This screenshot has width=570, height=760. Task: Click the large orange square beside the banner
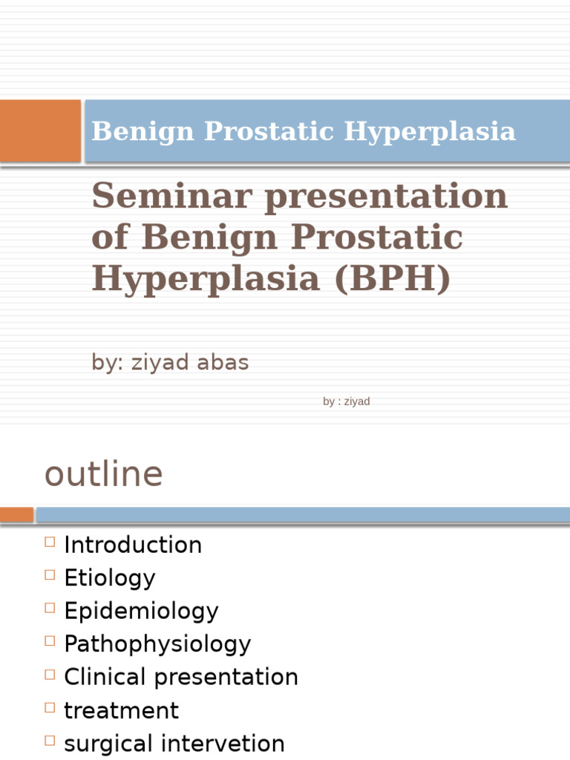[40, 131]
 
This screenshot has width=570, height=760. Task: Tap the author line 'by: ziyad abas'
[170, 362]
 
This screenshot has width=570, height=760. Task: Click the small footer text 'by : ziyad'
[346, 402]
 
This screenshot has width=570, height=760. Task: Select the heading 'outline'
[103, 474]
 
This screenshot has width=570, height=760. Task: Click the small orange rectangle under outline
[16, 514]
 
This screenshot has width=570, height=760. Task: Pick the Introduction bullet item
[133, 545]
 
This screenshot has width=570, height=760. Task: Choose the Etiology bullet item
[110, 578]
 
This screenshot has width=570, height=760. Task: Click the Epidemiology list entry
[141, 611]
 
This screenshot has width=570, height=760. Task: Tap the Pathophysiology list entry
[157, 643]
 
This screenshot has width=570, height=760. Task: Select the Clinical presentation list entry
[181, 677]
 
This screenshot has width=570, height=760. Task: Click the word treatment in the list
[121, 710]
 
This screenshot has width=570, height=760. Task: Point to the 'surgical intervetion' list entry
[174, 743]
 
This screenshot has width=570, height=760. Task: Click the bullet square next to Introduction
[50, 542]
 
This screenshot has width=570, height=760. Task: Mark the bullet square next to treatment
[50, 707]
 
